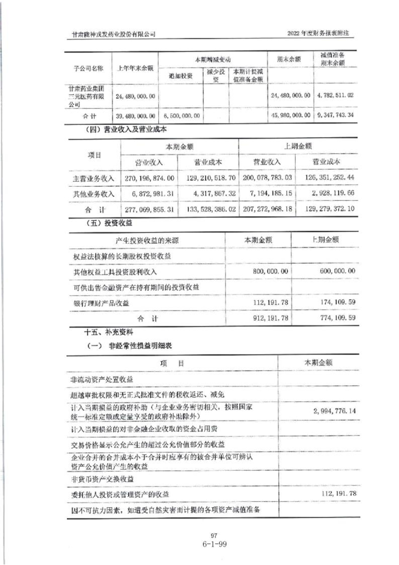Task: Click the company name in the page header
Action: (114, 34)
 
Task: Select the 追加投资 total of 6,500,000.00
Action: (180, 115)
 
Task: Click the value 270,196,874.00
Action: (149, 178)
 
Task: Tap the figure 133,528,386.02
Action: (208, 208)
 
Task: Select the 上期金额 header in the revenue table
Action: (297, 146)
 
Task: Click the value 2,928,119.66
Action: (330, 193)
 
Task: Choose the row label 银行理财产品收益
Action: (101, 303)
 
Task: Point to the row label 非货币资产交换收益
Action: (105, 479)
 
